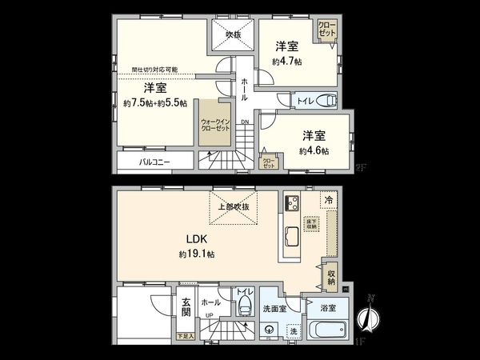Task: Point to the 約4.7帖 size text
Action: (x=286, y=61)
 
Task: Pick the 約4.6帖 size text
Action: (x=314, y=150)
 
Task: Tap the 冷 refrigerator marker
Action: (x=328, y=200)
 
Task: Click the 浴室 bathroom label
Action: (x=328, y=307)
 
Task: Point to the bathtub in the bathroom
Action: (x=329, y=330)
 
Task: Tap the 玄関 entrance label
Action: (x=186, y=306)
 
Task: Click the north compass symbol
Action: (x=370, y=318)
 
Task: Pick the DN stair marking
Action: (x=244, y=122)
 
